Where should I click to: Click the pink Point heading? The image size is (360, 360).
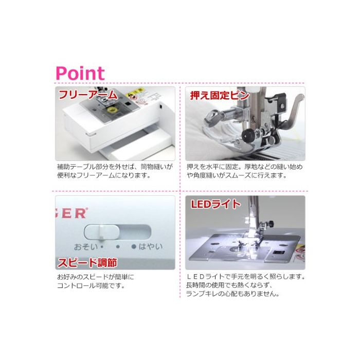tap(80, 73)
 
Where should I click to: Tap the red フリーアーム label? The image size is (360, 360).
tap(88, 95)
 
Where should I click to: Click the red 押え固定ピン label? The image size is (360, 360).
tap(220, 95)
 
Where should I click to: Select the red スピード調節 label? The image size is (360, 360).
tap(87, 263)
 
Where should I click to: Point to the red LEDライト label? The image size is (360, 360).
tap(215, 204)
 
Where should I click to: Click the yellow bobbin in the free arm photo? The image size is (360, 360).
tap(113, 111)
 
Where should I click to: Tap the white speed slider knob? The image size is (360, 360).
tap(102, 232)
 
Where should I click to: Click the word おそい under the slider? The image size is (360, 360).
tap(86, 247)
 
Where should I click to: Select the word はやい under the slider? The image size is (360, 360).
tap(150, 246)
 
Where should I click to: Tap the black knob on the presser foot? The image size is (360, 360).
tap(247, 133)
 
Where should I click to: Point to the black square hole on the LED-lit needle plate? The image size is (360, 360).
tap(278, 253)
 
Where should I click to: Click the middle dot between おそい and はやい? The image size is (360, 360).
tap(118, 247)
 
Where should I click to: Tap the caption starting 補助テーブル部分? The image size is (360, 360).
tap(115, 171)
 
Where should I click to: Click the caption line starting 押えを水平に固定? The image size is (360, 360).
tap(244, 167)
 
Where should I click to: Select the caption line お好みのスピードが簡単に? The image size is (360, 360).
tap(96, 277)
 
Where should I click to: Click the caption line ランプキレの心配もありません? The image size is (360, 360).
tap(232, 294)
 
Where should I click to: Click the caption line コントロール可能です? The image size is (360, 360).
tap(91, 286)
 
